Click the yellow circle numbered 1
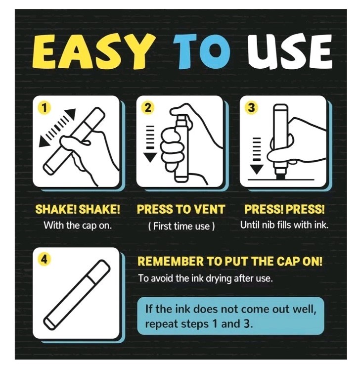tap(44, 108)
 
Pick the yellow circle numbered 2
tap(147, 108)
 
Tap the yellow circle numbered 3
tap(251, 108)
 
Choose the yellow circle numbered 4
tap(44, 259)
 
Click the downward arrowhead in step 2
tap(150, 157)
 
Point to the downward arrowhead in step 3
tap(257, 169)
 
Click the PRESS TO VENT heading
tap(181, 209)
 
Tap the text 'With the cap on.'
tap(78, 226)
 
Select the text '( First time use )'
tap(181, 226)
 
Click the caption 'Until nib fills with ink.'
tap(284, 225)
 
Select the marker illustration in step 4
tap(77, 294)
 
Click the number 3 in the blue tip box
tap(247, 324)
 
